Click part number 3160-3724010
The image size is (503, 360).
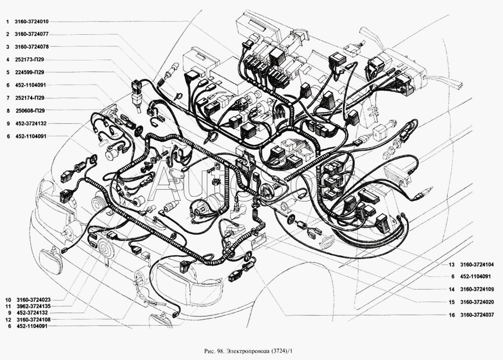(x=31, y=22)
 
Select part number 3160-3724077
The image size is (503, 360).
(x=31, y=34)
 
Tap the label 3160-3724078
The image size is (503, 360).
(x=31, y=47)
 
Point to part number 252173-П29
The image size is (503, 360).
(x=30, y=60)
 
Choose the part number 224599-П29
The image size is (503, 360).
(x=30, y=73)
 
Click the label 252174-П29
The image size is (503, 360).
(x=30, y=98)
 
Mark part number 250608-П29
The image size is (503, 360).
(x=30, y=111)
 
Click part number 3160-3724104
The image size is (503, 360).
(x=477, y=265)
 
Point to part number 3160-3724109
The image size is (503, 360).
(x=477, y=290)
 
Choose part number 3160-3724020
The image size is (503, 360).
(x=477, y=302)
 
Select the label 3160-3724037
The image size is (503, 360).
(x=477, y=315)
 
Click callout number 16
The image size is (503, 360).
(x=452, y=315)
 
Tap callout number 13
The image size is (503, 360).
(x=452, y=265)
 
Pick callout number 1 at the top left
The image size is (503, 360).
(x=7, y=22)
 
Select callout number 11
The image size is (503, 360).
(x=8, y=306)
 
